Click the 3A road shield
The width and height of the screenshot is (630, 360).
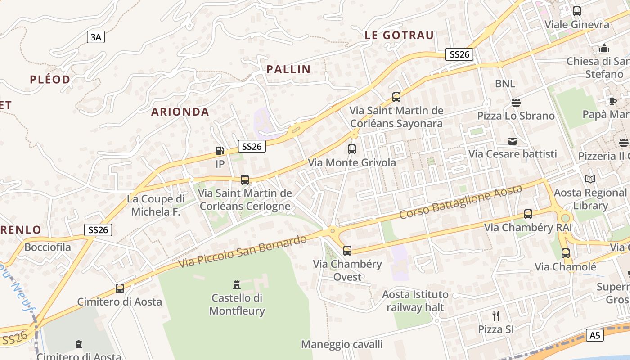[96, 37]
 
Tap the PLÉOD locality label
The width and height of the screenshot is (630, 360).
[50, 80]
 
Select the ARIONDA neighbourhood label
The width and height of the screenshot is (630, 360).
[180, 112]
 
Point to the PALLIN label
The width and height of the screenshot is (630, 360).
[288, 69]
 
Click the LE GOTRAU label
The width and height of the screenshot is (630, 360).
[399, 35]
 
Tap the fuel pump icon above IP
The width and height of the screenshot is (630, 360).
[220, 151]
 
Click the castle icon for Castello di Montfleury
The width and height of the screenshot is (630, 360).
[237, 284]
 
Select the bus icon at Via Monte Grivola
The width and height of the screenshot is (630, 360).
[352, 149]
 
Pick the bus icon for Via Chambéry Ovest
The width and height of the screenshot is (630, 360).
[347, 251]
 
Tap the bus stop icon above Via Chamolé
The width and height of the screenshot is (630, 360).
[565, 253]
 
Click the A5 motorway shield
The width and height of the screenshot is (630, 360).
[595, 335]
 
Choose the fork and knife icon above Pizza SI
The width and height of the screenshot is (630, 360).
[496, 315]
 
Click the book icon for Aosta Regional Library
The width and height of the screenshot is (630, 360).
[590, 180]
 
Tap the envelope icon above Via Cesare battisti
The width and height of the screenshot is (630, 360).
[513, 141]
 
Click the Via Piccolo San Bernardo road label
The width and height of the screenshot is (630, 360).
[243, 251]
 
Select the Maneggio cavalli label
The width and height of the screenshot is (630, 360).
[342, 345]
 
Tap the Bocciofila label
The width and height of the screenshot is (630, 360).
[48, 247]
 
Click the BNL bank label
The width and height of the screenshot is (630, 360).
[505, 84]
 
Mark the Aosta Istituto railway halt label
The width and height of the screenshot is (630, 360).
[415, 301]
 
